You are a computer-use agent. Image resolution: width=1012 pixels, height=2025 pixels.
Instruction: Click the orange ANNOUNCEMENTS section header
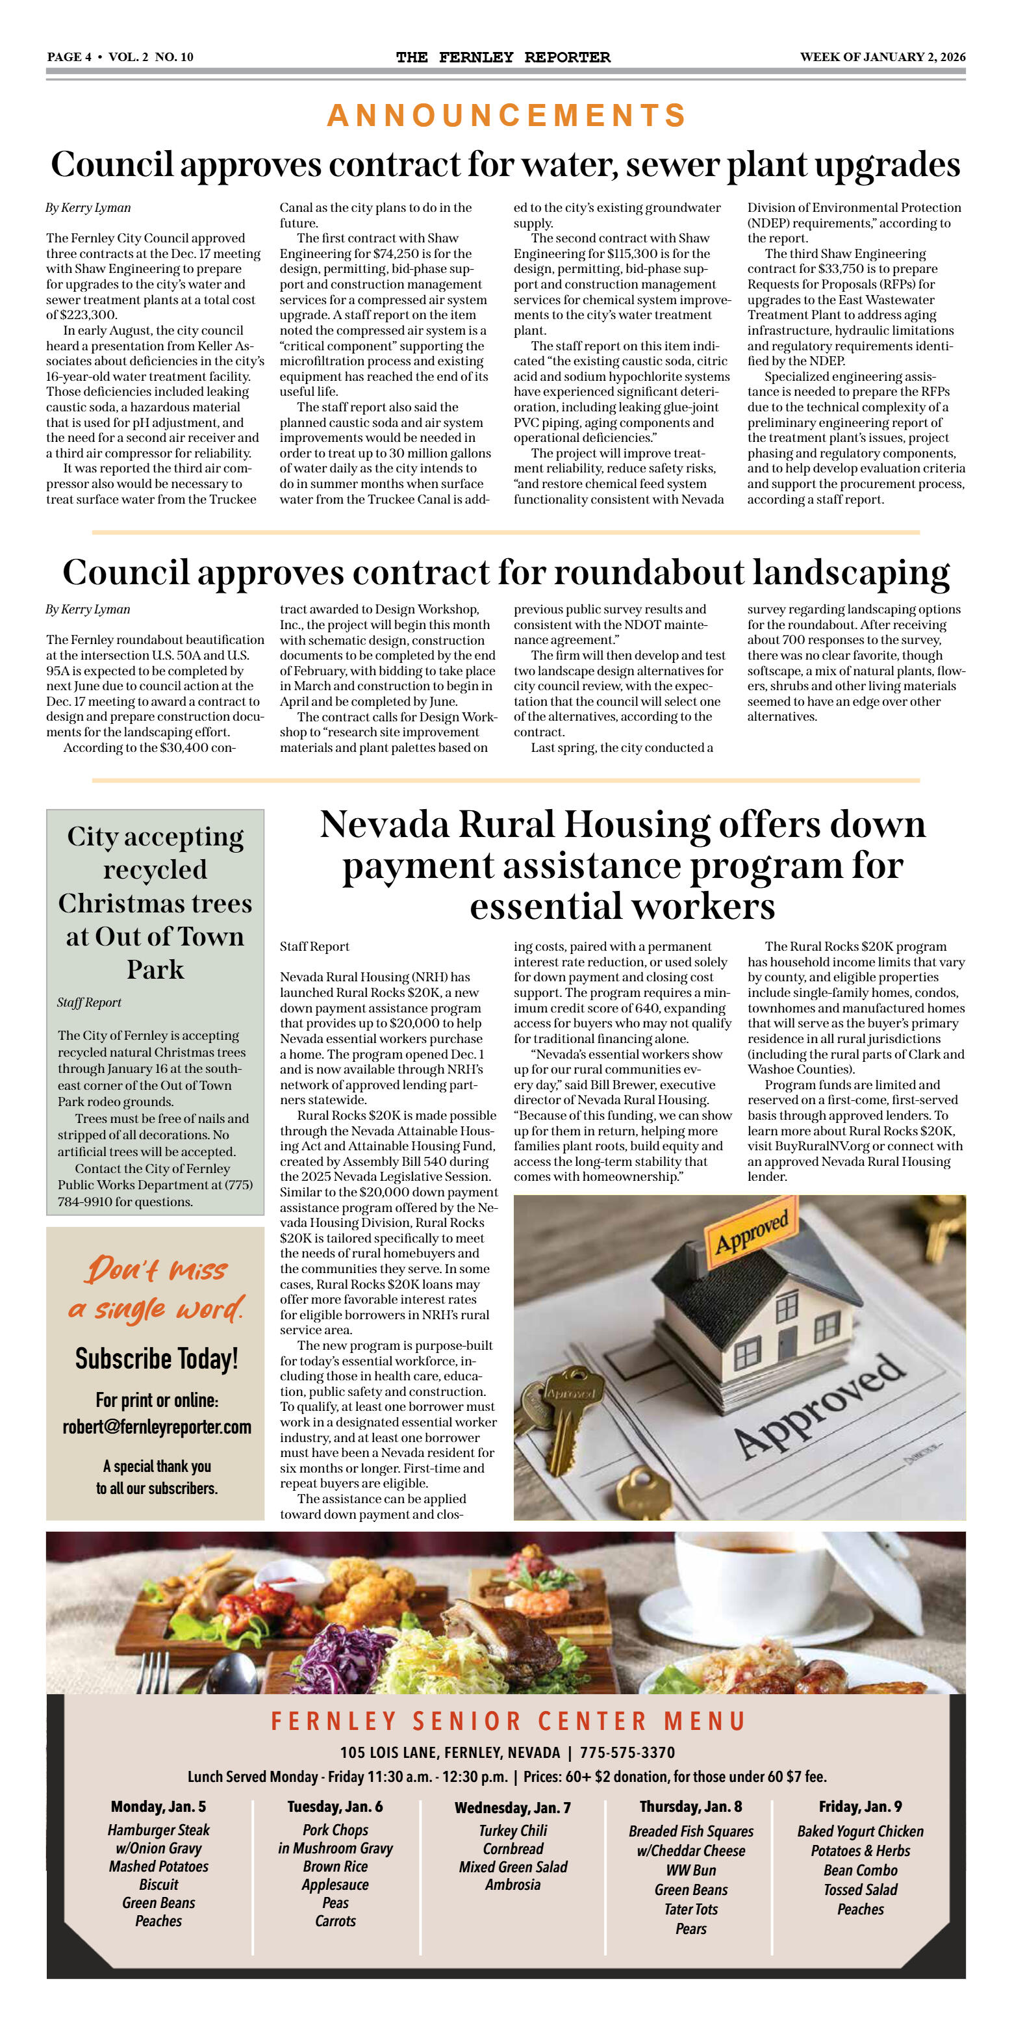507,116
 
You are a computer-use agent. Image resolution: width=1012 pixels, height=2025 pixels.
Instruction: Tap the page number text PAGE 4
69,57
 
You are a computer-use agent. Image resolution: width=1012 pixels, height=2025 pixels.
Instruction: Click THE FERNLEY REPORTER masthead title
503,57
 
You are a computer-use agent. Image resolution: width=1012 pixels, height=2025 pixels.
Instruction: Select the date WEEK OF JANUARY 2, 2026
882,57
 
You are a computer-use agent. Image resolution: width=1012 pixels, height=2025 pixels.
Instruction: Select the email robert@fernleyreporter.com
157,1426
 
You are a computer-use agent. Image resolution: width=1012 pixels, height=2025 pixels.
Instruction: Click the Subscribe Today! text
157,1358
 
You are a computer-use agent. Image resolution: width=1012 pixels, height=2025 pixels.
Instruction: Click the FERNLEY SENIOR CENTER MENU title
507,1722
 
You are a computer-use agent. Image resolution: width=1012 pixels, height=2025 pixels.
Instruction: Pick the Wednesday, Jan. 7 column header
512,1808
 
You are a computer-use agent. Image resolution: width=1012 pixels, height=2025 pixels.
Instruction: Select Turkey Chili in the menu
512,1831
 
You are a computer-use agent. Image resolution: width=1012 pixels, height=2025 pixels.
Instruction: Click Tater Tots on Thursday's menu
690,1909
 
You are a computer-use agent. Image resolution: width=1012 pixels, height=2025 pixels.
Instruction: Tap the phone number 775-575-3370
627,1753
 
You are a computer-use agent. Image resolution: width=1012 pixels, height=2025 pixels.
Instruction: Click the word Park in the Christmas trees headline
156,969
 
